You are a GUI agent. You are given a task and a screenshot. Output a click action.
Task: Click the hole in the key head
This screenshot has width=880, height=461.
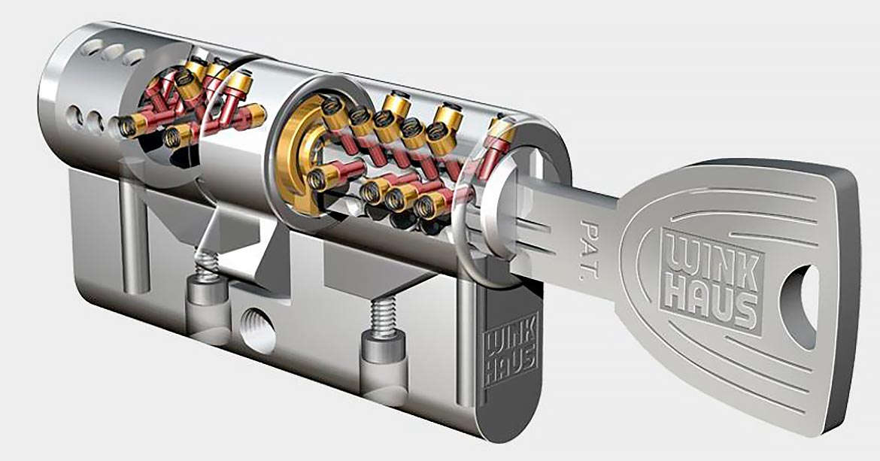[x=800, y=308]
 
